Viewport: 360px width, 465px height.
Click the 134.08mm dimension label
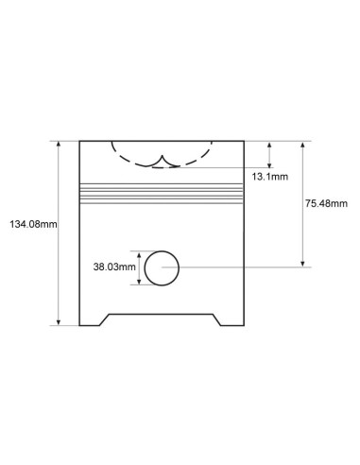pyautogui.click(x=33, y=224)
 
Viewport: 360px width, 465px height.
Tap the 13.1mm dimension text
pyautogui.click(x=269, y=177)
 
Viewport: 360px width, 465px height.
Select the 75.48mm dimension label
pyautogui.click(x=326, y=203)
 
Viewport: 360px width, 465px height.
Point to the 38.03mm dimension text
pyautogui.click(x=114, y=267)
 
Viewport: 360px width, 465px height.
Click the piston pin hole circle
pyautogui.click(x=145, y=268)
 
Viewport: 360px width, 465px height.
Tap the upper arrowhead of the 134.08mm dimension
pyautogui.click(x=59, y=144)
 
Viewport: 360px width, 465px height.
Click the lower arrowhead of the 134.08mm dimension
pyautogui.click(x=59, y=322)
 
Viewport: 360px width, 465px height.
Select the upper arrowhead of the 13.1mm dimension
pyautogui.click(x=269, y=145)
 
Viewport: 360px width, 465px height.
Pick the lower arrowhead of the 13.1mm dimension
pyautogui.click(x=269, y=164)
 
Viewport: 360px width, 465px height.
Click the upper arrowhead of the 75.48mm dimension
pyautogui.click(x=302, y=145)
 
